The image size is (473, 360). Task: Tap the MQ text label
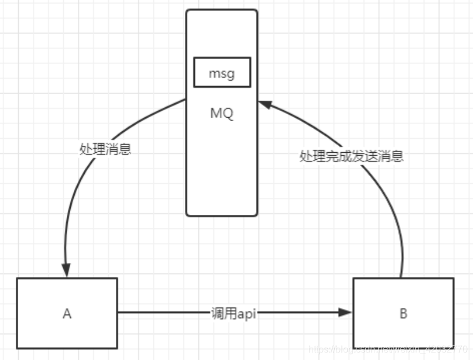(222, 114)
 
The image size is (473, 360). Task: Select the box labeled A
(67, 313)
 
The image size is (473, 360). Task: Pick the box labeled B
(403, 313)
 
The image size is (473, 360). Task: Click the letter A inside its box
(67, 314)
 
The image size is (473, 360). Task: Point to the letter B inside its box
(403, 314)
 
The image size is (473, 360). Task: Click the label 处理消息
(105, 149)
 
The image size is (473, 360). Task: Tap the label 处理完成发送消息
(351, 156)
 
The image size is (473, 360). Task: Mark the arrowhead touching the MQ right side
(265, 105)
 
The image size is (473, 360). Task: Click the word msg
(222, 73)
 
